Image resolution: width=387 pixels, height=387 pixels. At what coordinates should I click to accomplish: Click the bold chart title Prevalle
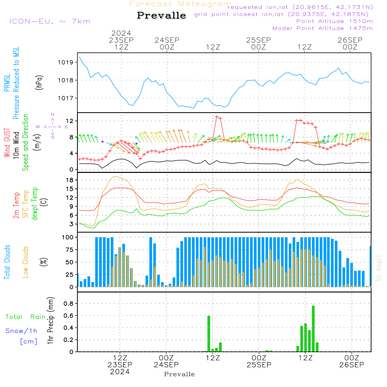point(161,16)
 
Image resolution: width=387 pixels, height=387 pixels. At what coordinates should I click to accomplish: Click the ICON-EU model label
point(50,21)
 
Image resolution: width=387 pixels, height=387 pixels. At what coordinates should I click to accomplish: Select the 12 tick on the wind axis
point(70,121)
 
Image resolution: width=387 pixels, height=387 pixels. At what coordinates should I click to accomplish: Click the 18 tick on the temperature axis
point(70,180)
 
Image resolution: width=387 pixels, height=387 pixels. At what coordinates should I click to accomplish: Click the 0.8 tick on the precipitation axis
point(68,303)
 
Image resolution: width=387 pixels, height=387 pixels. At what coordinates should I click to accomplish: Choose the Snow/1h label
point(22,331)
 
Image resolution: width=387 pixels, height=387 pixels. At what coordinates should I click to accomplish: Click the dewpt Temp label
point(35,204)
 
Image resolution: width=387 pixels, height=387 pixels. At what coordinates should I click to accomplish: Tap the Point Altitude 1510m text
point(334,21)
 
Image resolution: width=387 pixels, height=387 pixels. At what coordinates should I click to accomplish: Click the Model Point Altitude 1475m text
point(323,28)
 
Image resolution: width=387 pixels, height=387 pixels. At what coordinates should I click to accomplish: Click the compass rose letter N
point(53,115)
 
